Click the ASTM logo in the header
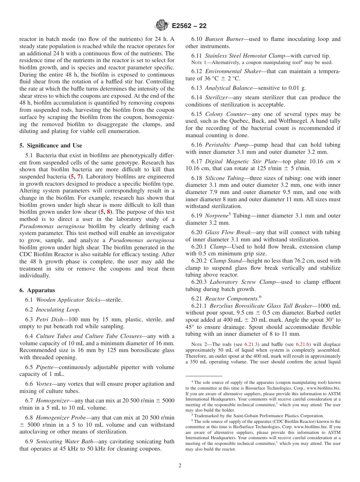[x=162, y=26]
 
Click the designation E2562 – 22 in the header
[x=189, y=26]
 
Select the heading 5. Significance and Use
[x=51, y=146]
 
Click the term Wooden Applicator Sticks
[x=68, y=300]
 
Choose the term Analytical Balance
[x=229, y=88]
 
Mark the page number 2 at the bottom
[x=180, y=466]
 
